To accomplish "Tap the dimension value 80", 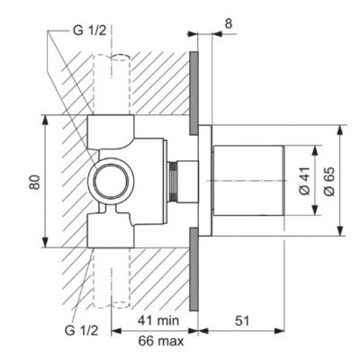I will (33, 184).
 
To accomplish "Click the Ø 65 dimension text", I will (329, 184).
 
